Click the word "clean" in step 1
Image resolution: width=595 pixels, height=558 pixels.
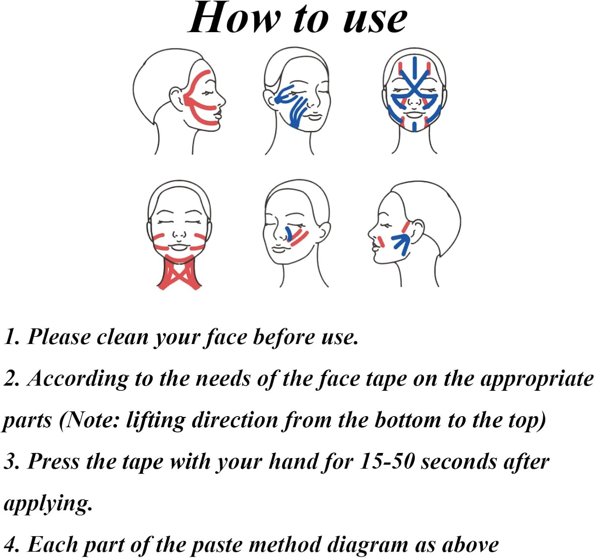pos(122,337)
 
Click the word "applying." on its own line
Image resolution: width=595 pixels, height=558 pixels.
pos(48,504)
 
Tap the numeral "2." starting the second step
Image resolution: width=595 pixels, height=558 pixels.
pos(12,378)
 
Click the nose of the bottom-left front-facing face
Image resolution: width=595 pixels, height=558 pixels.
pos(179,234)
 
